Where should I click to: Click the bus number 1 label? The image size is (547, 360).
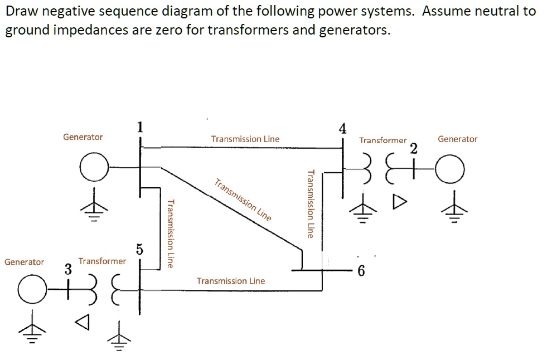click(139, 127)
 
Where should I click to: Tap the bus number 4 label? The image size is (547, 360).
click(342, 128)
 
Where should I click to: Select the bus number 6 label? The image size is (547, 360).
click(361, 271)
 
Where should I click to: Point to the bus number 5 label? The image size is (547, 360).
click(139, 249)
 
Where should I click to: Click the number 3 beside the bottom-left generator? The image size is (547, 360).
click(68, 269)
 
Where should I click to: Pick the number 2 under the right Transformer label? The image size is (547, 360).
click(413, 148)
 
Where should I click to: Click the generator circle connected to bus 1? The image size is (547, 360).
click(93, 167)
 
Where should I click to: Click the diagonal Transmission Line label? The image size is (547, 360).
click(243, 200)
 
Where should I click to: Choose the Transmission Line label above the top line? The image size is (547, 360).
click(245, 139)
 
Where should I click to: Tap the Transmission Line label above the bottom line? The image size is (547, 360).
click(231, 281)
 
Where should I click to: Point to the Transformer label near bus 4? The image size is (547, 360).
click(383, 140)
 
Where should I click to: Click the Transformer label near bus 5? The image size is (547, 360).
click(102, 261)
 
